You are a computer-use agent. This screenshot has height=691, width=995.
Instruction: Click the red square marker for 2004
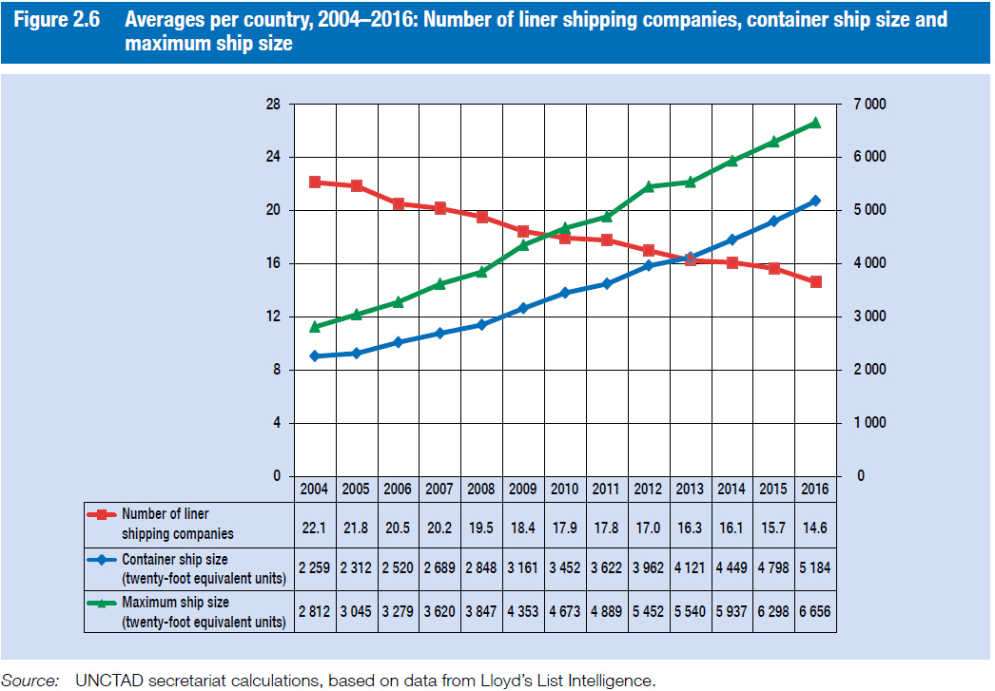point(315,182)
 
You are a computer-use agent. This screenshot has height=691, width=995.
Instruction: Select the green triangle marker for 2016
point(815,123)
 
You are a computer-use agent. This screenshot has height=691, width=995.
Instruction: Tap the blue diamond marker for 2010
point(565,293)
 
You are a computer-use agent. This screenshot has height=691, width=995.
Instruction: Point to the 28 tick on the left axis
point(273,104)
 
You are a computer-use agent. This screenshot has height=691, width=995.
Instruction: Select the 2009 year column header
point(523,489)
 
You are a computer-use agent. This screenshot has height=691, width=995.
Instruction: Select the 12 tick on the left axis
point(273,317)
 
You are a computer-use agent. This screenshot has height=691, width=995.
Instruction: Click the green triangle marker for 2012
point(649,186)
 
